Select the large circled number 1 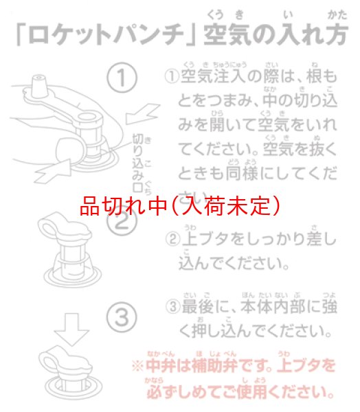(121, 78)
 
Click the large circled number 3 (121, 317)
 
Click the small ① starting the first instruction (172, 76)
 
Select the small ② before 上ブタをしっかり (172, 240)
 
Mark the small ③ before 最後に (172, 307)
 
